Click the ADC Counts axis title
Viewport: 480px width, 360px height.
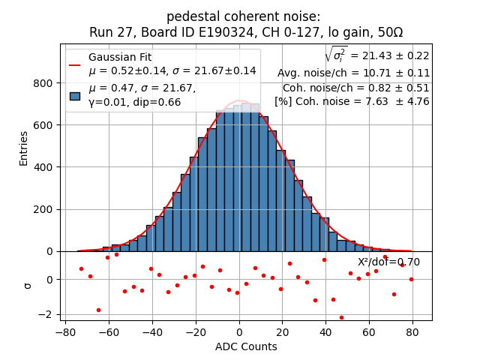[x=245, y=346]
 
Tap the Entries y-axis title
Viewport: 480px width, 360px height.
[x=24, y=148]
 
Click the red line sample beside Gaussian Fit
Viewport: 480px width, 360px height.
[x=75, y=64]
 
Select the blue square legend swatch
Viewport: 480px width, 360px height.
[x=75, y=95]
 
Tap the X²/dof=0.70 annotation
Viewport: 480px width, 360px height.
[x=388, y=262]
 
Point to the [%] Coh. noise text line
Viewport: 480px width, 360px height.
[x=352, y=101]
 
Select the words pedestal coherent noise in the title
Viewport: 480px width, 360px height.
[x=243, y=16]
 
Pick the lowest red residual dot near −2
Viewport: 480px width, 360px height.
[x=341, y=317]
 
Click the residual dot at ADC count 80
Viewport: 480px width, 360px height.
[x=411, y=279]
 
